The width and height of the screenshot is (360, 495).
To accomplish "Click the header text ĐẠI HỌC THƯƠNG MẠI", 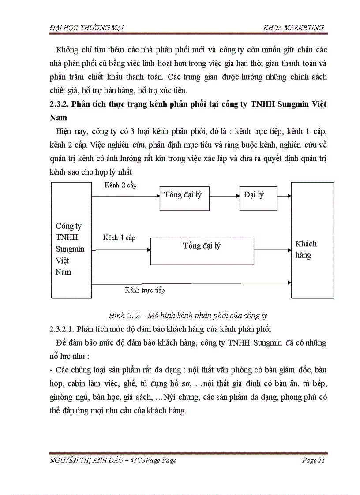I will coord(86,27).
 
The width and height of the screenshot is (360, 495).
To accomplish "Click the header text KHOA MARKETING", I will coord(293,27).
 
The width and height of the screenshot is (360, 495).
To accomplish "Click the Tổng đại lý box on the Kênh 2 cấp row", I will coord(184,197).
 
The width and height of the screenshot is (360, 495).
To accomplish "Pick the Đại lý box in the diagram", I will coord(258,197).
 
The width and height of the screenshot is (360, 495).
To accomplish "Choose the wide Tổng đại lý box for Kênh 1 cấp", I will coord(202,251).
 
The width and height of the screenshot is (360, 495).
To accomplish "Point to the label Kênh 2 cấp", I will coord(120,186).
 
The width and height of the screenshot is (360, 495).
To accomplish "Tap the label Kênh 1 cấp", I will coord(119,238).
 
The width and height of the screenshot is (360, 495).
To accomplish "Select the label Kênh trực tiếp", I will coord(145,290).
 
